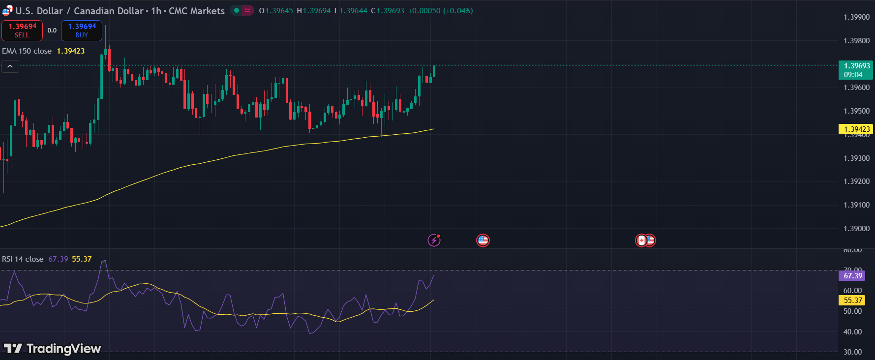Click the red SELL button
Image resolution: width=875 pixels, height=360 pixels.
(x=22, y=30)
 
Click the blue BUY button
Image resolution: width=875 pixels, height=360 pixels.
(x=82, y=30)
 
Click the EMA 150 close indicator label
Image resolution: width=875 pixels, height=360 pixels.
(x=27, y=51)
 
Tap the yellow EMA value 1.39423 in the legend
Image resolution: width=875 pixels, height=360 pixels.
(x=71, y=51)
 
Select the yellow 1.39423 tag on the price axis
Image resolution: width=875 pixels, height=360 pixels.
(x=855, y=129)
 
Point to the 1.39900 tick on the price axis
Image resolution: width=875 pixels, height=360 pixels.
(x=856, y=17)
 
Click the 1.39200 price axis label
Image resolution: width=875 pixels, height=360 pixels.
(x=856, y=181)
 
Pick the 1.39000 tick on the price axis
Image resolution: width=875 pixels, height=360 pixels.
(x=856, y=229)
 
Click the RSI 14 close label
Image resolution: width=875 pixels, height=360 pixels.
(x=23, y=259)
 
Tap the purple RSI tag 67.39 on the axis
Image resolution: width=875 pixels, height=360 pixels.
(x=853, y=276)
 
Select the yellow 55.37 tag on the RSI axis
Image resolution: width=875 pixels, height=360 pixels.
(x=853, y=300)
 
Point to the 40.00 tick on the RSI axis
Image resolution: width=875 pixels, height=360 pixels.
(x=852, y=332)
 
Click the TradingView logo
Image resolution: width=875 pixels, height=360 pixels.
(x=53, y=349)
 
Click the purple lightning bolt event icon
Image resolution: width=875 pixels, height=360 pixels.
(x=434, y=240)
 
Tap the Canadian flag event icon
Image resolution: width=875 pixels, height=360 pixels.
(x=641, y=240)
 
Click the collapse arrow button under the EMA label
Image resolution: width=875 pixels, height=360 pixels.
(x=10, y=66)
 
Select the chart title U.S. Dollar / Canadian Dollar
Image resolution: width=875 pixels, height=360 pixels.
(x=79, y=11)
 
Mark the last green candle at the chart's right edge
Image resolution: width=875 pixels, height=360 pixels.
(x=434, y=71)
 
